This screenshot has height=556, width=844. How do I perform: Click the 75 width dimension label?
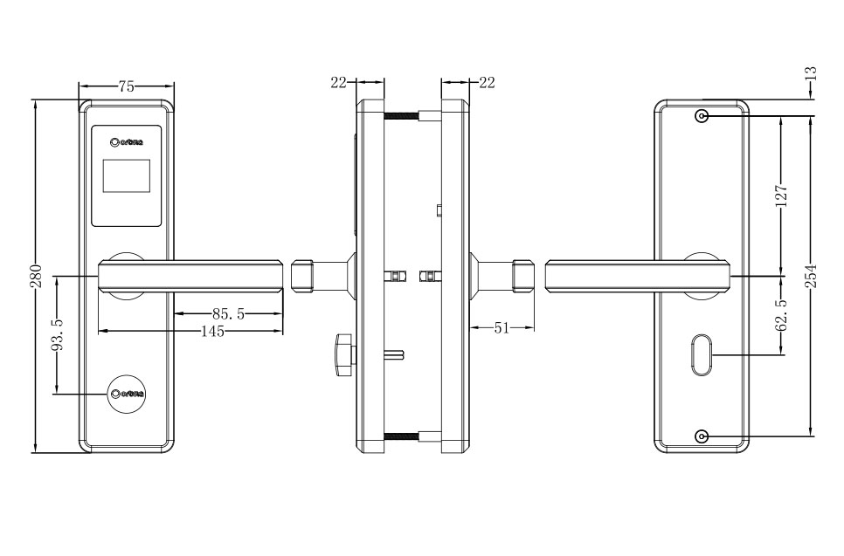coord(127,86)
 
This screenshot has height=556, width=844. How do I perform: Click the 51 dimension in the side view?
coord(502,327)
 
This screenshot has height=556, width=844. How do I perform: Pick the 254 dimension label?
coord(811,278)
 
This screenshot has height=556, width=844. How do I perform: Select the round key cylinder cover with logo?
coord(127,395)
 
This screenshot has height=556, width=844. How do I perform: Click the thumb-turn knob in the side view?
coord(342,354)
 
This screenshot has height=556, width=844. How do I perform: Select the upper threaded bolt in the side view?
coord(403,115)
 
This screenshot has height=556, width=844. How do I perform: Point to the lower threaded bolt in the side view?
coord(403,436)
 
